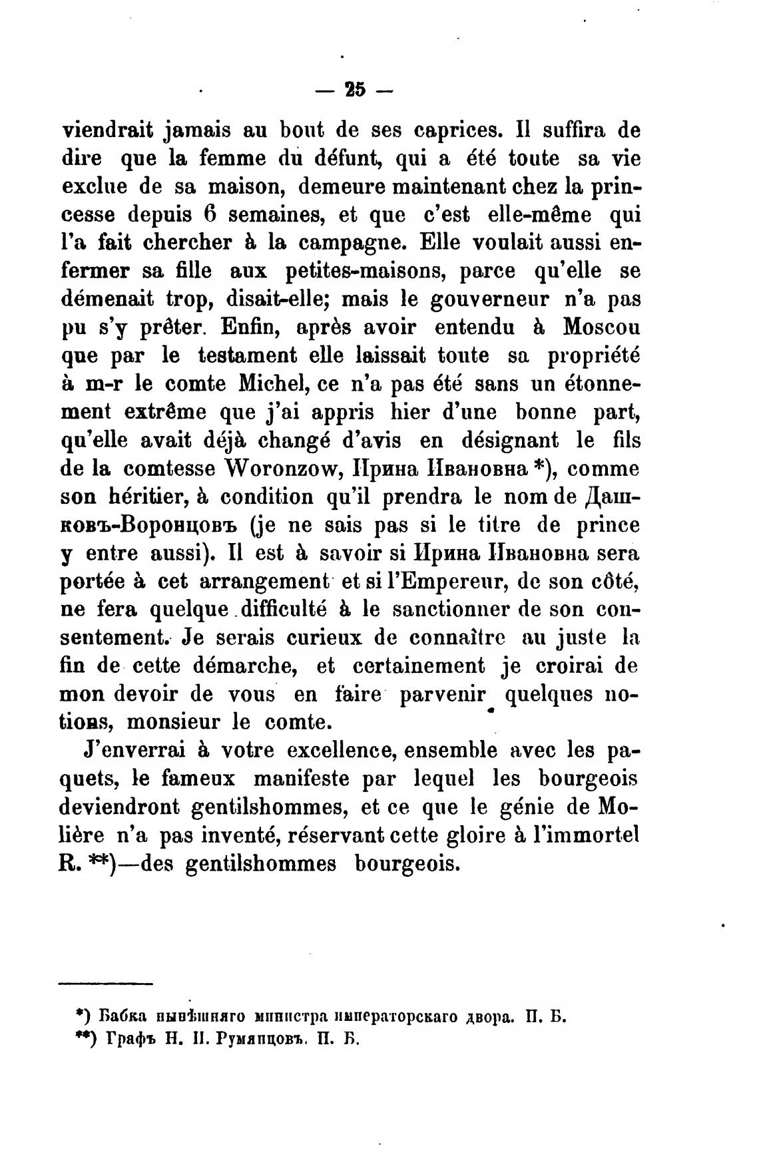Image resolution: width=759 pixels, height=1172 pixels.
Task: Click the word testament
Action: pos(248,356)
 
